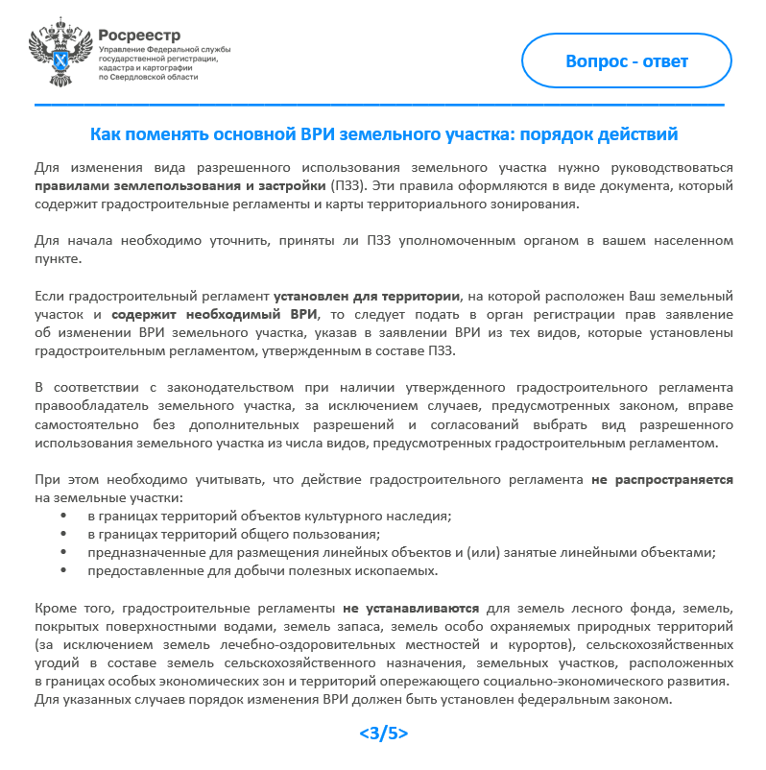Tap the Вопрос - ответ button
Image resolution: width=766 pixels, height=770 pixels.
tap(626, 61)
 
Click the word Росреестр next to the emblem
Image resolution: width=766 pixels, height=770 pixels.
tap(139, 35)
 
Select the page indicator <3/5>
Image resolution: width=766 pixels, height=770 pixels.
tap(383, 734)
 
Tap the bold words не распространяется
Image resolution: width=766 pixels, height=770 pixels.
tap(661, 480)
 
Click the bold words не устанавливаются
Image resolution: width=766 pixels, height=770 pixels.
tap(407, 609)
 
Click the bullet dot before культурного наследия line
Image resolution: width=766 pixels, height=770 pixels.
tap(63, 516)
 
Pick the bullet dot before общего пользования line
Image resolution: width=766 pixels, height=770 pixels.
tap(63, 534)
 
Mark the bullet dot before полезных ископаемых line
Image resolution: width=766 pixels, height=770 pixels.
tap(63, 570)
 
